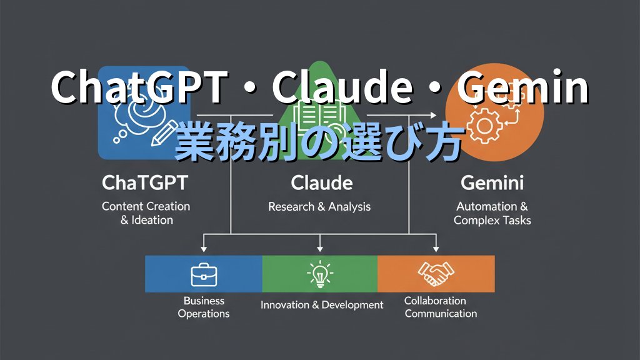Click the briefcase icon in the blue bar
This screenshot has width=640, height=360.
203,273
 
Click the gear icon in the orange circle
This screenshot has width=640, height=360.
484,126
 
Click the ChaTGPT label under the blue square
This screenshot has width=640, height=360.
145,183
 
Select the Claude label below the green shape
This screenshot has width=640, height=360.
321,183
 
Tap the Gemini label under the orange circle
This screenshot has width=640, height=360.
492,183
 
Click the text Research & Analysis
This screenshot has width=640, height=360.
319,206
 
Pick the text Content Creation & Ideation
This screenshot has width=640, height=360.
146,212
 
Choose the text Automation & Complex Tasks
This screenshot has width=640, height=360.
492,212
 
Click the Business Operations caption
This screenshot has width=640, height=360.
204,307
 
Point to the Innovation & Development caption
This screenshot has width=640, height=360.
321,305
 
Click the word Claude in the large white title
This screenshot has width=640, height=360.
341,88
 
